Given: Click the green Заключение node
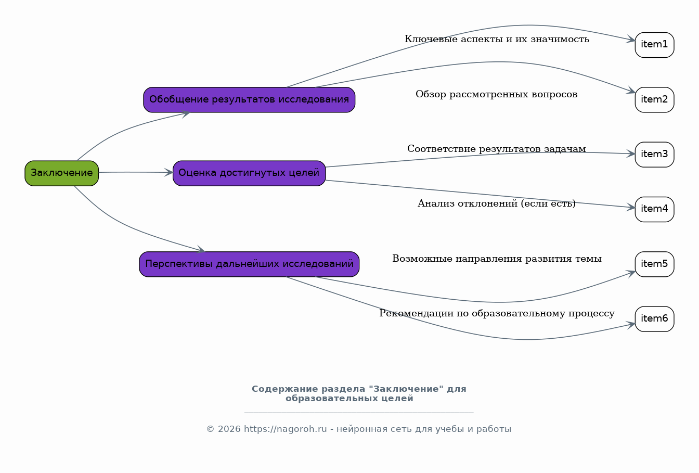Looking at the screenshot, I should (61, 173).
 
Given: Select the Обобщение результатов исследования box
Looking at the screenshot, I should (249, 99).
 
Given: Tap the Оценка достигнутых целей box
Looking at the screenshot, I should (249, 173).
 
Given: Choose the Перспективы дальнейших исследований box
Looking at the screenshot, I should (249, 264).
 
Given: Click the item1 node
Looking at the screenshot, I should (654, 45).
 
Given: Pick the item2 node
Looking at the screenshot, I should (654, 99).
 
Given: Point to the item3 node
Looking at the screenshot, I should (654, 154).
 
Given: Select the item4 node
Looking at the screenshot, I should (654, 209).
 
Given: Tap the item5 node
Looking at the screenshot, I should (654, 264).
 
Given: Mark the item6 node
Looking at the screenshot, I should (654, 318).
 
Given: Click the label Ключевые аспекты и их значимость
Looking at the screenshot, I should (497, 40).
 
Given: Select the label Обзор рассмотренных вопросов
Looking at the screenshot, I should (496, 95).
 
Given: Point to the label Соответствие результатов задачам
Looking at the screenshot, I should (496, 149).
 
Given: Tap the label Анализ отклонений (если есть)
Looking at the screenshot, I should (496, 204).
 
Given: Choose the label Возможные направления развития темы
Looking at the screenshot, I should (497, 259).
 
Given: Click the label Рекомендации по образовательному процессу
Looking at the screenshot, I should (497, 314).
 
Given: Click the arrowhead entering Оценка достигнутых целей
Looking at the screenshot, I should (169, 172).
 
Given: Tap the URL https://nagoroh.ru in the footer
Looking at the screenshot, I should (285, 429).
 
